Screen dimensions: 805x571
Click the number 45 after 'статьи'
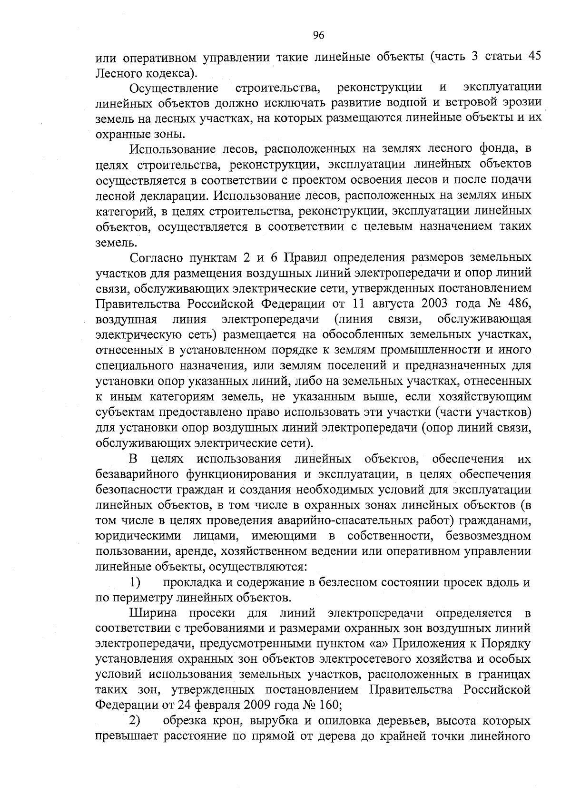pyautogui.click(x=532, y=58)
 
